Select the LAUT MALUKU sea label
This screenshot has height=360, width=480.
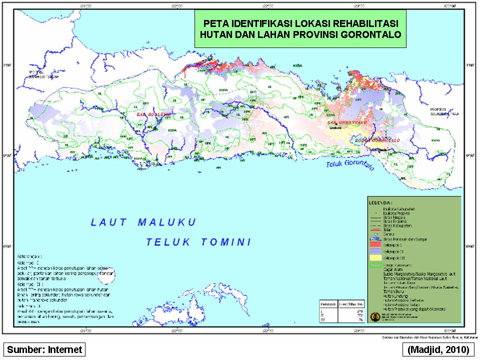coord(143,222)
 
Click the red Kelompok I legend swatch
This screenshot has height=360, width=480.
coord(376,245)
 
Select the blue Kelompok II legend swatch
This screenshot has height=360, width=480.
coord(376,251)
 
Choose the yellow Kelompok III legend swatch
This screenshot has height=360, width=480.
coord(376,257)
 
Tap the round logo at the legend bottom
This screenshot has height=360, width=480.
coord(375,316)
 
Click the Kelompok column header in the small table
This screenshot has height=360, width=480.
coord(328,304)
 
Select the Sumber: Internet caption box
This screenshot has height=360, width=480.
coord(44,349)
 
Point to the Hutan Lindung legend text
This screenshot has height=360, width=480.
coord(394,295)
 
